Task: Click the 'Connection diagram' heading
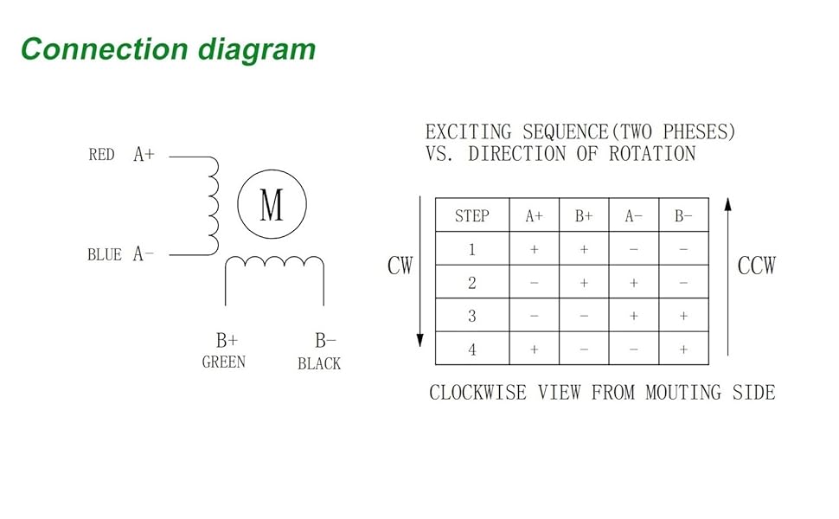tap(168, 49)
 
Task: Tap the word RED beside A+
tap(101, 156)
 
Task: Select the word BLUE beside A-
tap(105, 255)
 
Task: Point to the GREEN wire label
tap(223, 362)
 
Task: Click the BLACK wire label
tap(319, 364)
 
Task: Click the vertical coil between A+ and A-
tap(210, 206)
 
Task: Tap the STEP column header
tap(471, 216)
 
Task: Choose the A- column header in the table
tap(634, 216)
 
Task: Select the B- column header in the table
tap(684, 216)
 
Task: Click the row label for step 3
tap(471, 317)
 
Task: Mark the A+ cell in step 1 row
tap(534, 250)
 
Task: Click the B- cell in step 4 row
tap(684, 349)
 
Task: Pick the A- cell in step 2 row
tap(634, 283)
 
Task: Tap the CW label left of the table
tap(400, 266)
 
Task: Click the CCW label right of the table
tap(757, 266)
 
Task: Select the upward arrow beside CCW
tap(728, 277)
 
